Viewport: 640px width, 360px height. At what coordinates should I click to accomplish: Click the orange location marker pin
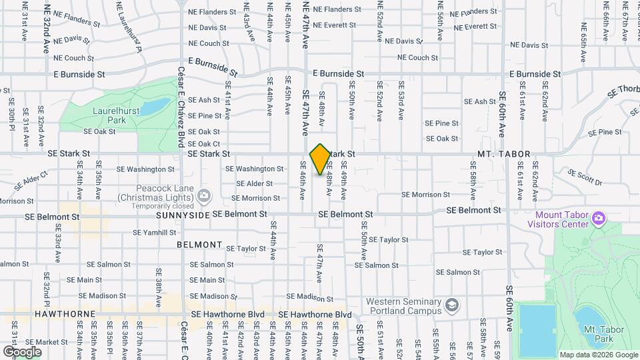click(x=320, y=159)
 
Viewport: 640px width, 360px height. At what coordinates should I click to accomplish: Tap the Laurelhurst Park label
click(x=109, y=115)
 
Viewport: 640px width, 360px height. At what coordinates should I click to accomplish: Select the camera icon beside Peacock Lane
click(x=205, y=196)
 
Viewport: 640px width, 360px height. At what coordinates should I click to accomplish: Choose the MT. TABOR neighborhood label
click(x=504, y=155)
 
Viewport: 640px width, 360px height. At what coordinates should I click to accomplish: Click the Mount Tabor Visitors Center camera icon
click(x=599, y=219)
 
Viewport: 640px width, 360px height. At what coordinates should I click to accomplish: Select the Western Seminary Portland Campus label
click(x=403, y=306)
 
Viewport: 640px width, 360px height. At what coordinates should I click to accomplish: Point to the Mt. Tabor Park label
click(x=598, y=334)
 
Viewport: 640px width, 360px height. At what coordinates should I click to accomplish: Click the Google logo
click(x=22, y=351)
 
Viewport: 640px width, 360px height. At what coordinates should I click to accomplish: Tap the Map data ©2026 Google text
click(x=598, y=355)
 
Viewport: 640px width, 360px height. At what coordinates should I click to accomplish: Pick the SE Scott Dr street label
click(x=584, y=177)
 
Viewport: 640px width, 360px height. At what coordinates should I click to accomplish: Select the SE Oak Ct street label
click(x=204, y=144)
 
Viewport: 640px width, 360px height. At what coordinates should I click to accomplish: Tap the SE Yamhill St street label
click(x=155, y=233)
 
